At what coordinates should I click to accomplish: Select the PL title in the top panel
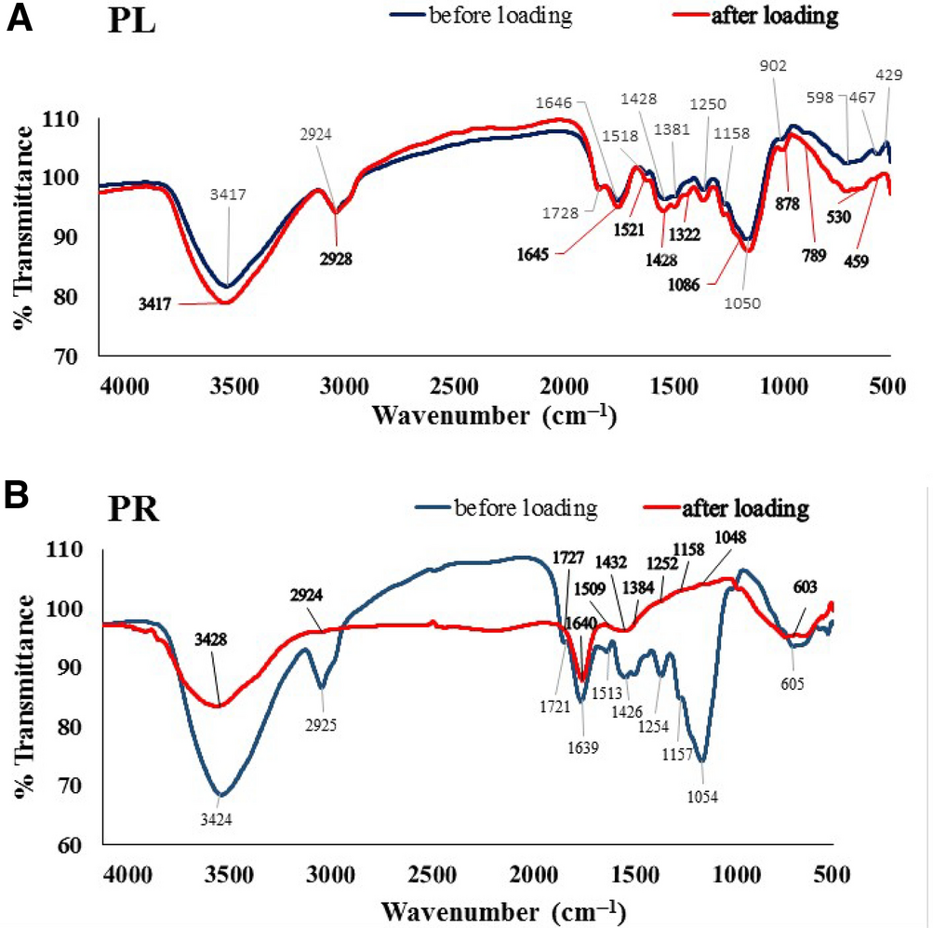(132, 23)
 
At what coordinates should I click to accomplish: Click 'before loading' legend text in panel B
(524, 509)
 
